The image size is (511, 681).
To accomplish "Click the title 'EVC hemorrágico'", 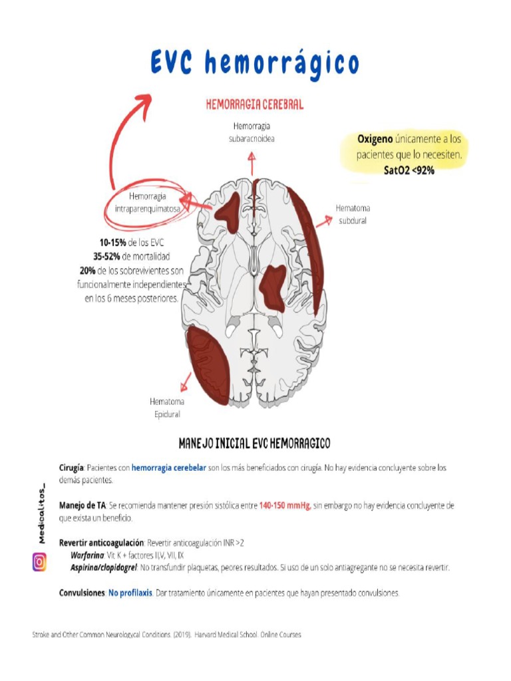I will pyautogui.click(x=255, y=64).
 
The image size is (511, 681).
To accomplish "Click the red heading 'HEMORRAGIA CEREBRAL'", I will pyautogui.click(x=254, y=104).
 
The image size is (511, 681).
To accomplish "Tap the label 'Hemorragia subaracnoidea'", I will pyautogui.click(x=252, y=132).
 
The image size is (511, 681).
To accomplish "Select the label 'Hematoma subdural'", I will pyautogui.click(x=353, y=214).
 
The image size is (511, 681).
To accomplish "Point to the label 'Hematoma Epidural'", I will pyautogui.click(x=167, y=408).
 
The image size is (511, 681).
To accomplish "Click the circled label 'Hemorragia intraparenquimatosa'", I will pyautogui.click(x=148, y=202).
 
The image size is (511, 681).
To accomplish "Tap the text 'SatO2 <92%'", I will pyautogui.click(x=409, y=170).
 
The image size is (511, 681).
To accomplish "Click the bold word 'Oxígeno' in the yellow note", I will pyautogui.click(x=375, y=140).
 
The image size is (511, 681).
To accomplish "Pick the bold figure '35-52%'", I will pyautogui.click(x=106, y=257).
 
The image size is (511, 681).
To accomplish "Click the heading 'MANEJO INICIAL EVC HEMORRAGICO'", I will pyautogui.click(x=255, y=442).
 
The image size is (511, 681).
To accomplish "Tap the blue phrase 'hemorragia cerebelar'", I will pyautogui.click(x=169, y=468).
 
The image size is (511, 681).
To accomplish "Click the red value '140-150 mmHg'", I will pyautogui.click(x=285, y=505).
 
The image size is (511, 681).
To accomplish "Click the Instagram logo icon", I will pyautogui.click(x=40, y=563).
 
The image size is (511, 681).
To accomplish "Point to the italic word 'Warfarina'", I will pyautogui.click(x=87, y=555).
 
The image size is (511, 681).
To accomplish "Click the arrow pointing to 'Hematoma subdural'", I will pyautogui.click(x=324, y=221).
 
